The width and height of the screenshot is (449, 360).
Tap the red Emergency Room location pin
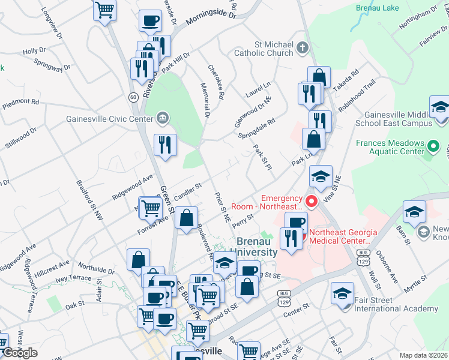click(x=311, y=201)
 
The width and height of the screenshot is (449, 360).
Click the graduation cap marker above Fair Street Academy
click(x=342, y=294)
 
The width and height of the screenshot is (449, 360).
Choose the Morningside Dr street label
click(x=211, y=19)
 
